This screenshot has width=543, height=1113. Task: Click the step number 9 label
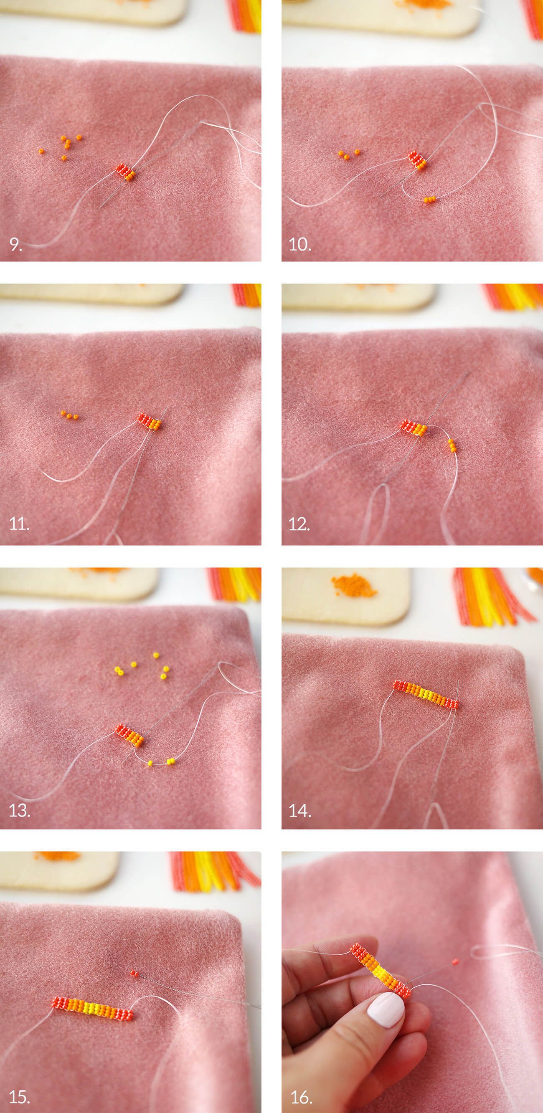15,245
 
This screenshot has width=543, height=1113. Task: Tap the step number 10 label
300,245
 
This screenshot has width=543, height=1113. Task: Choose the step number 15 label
20,1093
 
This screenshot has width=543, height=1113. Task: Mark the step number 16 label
300,1093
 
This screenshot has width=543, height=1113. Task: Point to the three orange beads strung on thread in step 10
429,200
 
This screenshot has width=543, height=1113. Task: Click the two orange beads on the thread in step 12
452,445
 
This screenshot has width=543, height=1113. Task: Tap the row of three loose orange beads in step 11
70,416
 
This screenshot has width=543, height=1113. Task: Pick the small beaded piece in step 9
126,172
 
